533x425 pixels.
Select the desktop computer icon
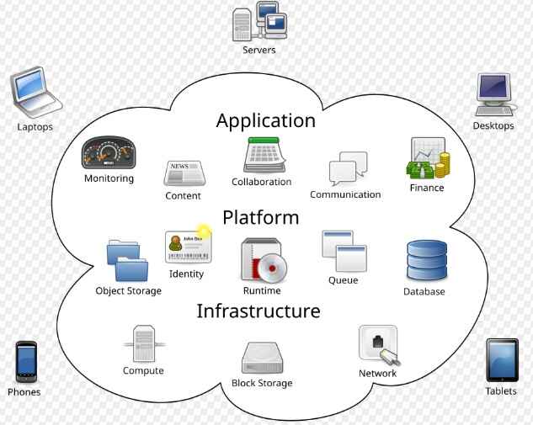494,94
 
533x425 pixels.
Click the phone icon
26,361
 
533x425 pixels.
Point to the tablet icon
501,360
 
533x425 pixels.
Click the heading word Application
265,120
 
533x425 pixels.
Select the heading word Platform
260,217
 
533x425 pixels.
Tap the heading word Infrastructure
259,311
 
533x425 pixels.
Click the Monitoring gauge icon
109,153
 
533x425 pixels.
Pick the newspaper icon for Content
184,173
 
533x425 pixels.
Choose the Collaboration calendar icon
261,156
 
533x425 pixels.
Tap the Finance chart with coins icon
427,158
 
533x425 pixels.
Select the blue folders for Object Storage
127,261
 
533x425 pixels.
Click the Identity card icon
188,246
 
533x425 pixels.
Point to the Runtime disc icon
263,260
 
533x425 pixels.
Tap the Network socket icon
378,345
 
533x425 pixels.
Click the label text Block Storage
262,383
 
